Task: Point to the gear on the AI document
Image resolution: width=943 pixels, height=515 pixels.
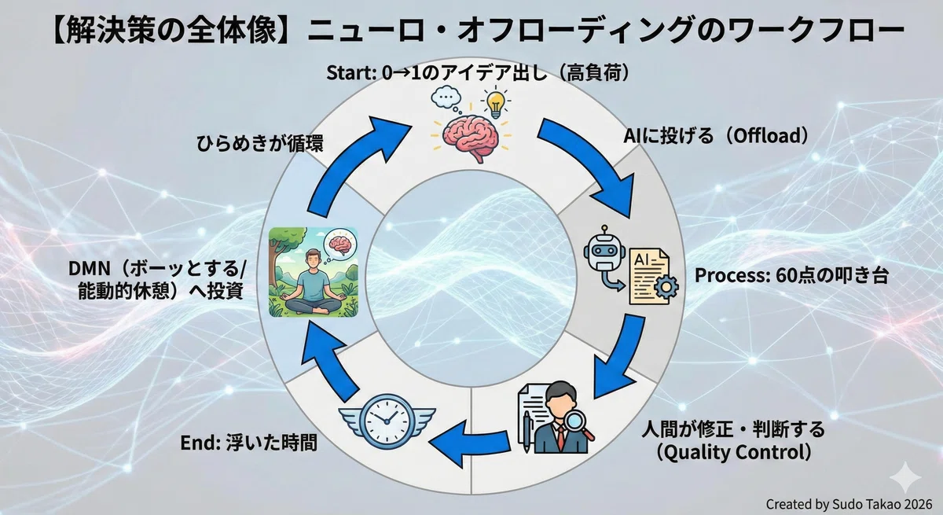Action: [666, 287]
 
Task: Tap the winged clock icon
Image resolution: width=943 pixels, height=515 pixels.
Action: [387, 420]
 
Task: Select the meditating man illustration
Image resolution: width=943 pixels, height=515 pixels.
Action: [314, 271]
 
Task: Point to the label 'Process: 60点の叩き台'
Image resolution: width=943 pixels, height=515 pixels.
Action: [791, 275]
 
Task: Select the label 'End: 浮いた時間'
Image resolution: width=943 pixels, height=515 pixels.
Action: [249, 443]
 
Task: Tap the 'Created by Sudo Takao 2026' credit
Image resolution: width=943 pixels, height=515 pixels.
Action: [849, 504]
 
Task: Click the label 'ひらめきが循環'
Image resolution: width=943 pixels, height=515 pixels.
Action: [260, 144]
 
